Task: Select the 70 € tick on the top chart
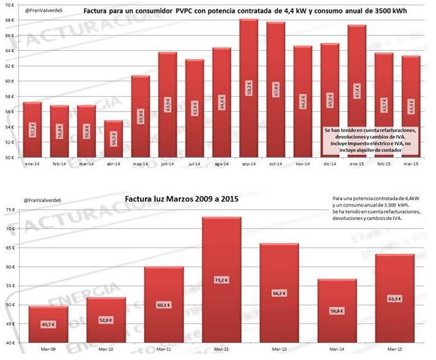pos(9,4)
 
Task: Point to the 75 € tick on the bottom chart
pos(9,210)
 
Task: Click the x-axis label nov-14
pos(302,163)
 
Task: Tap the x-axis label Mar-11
pos(164,349)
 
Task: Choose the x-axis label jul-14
pos(194,163)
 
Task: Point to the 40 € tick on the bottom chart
pos(9,342)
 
